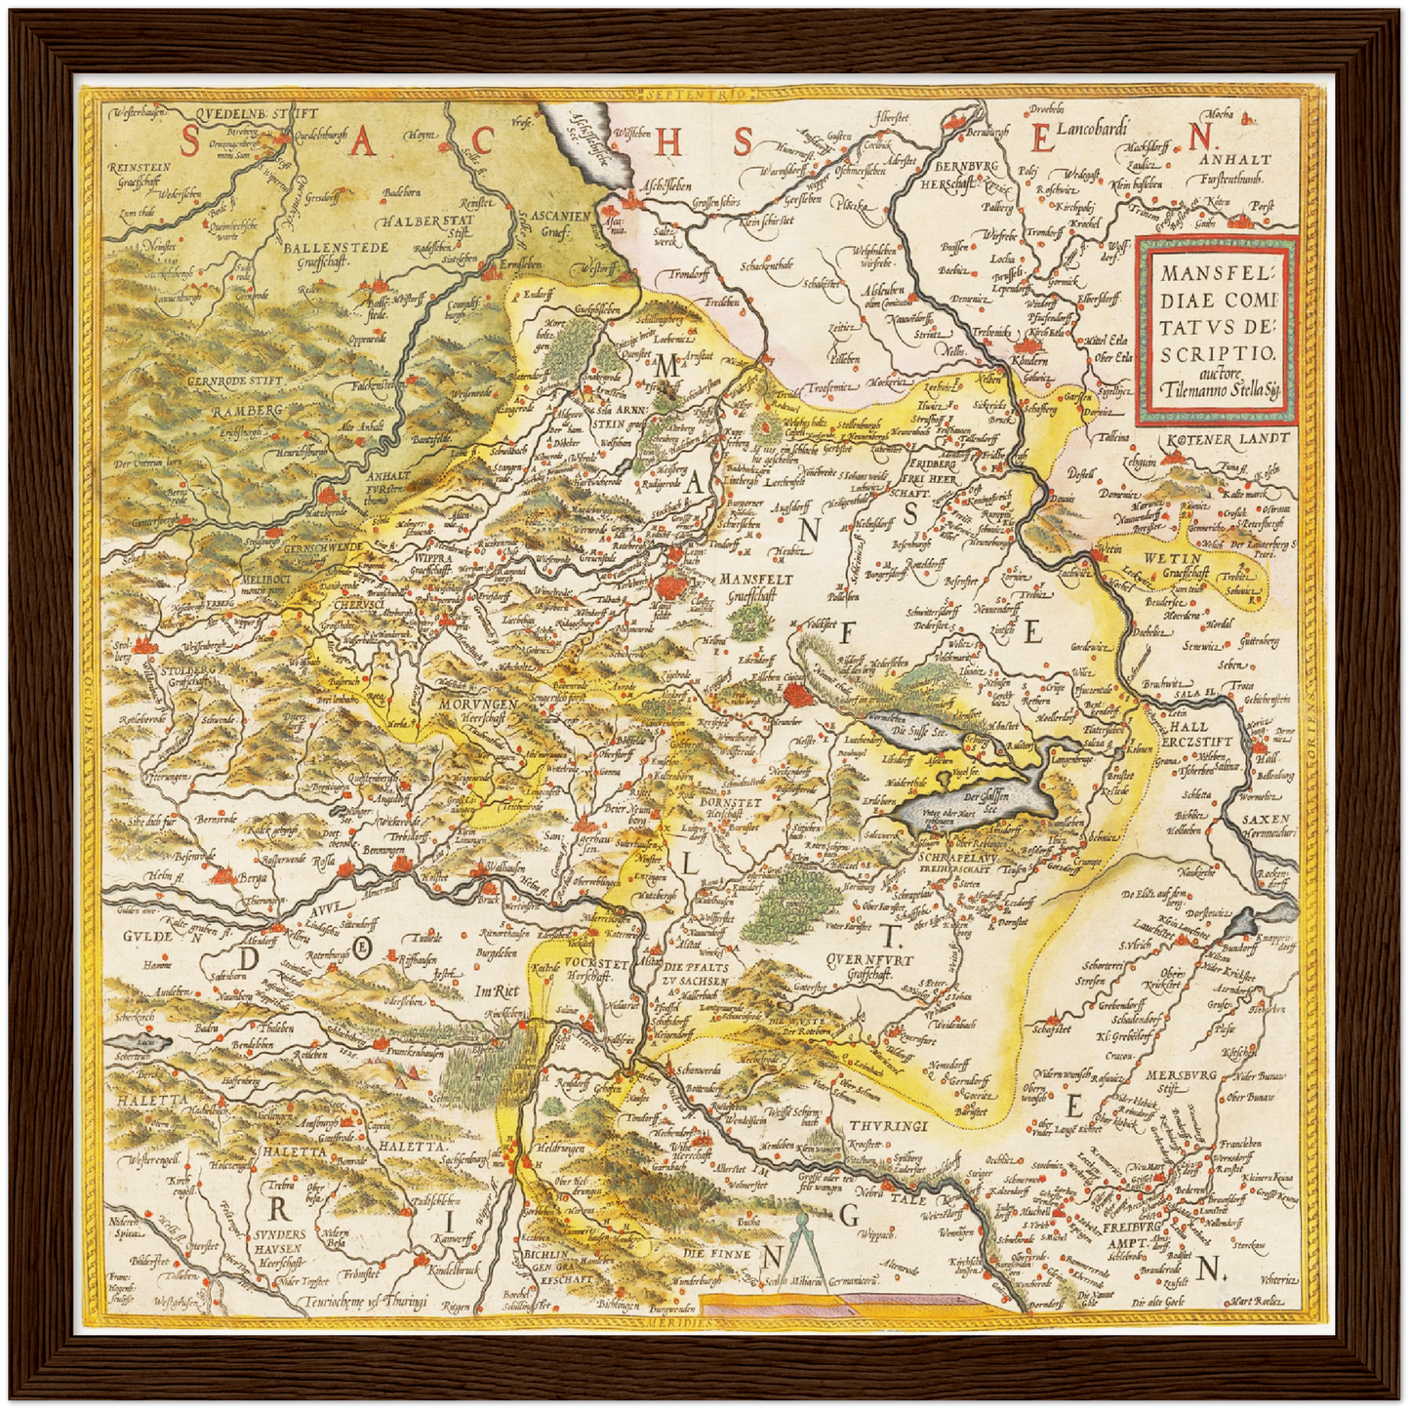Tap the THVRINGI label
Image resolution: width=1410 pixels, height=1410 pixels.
(x=885, y=1126)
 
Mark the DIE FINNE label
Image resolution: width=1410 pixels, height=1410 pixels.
(x=716, y=1253)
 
